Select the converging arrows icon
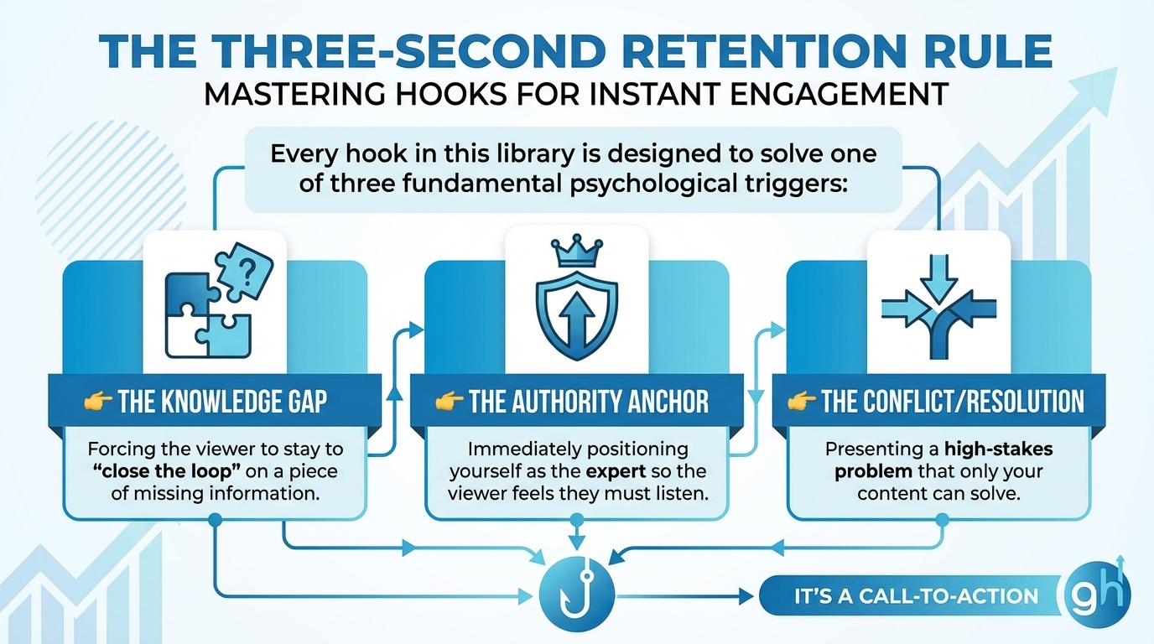[938, 303]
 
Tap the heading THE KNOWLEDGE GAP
[222, 402]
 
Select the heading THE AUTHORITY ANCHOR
[588, 402]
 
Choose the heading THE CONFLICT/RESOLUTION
[953, 402]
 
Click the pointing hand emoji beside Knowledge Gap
[98, 402]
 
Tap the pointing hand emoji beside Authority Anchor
[450, 402]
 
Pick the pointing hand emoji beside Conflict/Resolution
[802, 402]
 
